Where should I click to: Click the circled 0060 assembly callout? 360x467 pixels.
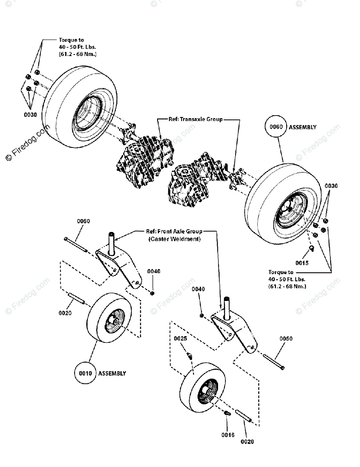(x=276, y=126)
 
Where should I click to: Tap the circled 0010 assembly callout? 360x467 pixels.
(x=86, y=373)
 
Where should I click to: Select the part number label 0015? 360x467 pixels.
(x=302, y=263)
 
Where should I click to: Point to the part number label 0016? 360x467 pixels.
(x=228, y=435)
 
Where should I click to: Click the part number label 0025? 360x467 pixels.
(x=180, y=339)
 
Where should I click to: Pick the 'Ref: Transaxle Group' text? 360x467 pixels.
(x=195, y=119)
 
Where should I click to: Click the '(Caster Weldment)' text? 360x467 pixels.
(x=174, y=239)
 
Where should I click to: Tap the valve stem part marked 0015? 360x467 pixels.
(x=312, y=248)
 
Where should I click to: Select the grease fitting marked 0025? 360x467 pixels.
(x=189, y=356)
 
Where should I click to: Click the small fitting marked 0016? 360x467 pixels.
(x=227, y=413)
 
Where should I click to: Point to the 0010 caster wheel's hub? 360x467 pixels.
(x=115, y=322)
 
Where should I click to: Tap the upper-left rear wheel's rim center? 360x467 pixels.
(x=88, y=113)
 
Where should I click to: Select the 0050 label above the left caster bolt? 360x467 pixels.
(x=84, y=221)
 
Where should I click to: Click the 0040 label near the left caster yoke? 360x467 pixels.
(x=154, y=271)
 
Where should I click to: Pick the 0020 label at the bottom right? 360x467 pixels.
(x=247, y=442)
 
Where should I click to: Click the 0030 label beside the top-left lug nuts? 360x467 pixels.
(x=30, y=115)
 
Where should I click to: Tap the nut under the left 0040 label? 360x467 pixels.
(x=152, y=293)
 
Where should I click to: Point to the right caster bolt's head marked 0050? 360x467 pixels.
(x=283, y=368)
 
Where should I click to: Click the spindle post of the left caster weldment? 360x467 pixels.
(x=111, y=244)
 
